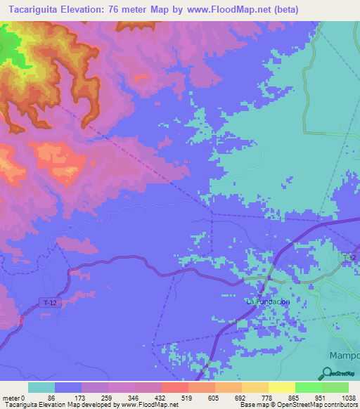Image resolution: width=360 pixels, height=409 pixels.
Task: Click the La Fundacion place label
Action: tap(267, 301)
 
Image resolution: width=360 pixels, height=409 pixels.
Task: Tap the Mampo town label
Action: tap(345, 354)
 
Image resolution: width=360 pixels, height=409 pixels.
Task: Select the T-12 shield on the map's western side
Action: tap(48, 301)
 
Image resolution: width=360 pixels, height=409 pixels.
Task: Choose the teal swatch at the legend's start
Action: tap(41, 387)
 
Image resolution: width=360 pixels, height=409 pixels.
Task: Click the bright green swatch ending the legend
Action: tap(335, 387)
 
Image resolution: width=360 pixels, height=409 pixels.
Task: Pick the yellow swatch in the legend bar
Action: tap(281, 387)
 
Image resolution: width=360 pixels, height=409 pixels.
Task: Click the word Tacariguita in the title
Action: tap(38, 10)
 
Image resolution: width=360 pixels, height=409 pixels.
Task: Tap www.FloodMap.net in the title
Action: tap(223, 10)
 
